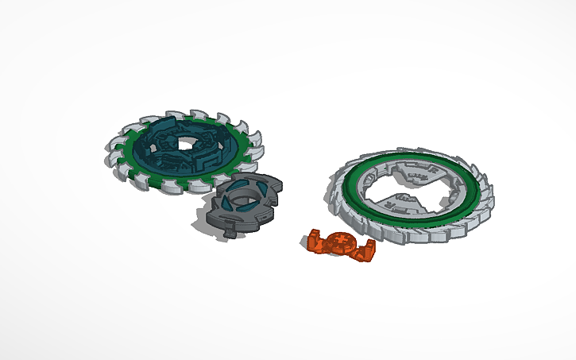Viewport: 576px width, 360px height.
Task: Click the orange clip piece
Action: point(341,243)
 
